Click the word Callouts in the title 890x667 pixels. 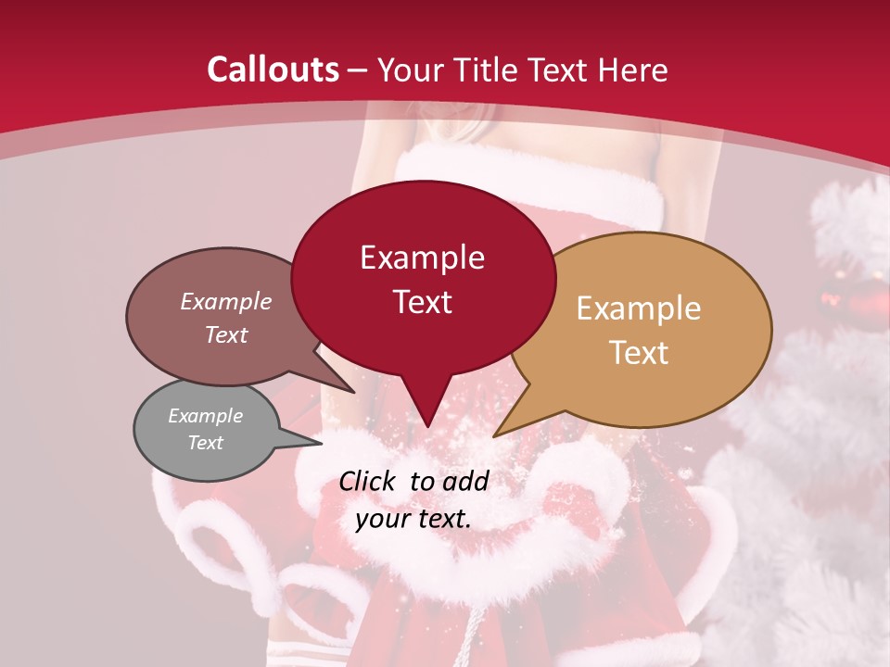click(x=273, y=70)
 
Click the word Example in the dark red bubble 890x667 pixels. click(x=422, y=258)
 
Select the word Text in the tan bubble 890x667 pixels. click(x=639, y=353)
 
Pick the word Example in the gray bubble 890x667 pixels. click(x=205, y=416)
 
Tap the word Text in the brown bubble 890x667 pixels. click(x=226, y=335)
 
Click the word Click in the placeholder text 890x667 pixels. click(x=369, y=481)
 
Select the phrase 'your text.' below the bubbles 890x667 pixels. click(x=413, y=519)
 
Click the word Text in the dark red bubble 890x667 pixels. click(x=423, y=302)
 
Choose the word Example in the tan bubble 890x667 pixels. click(x=639, y=308)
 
